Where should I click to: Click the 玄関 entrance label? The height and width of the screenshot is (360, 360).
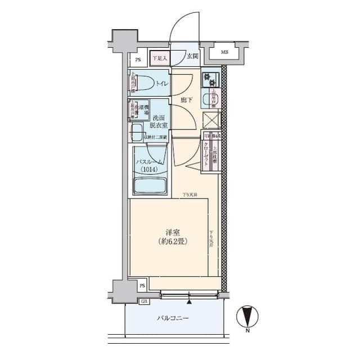pyautogui.click(x=193, y=56)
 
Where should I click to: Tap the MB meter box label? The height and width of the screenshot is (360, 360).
pyautogui.click(x=224, y=52)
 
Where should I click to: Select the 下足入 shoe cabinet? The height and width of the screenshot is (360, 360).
pyautogui.click(x=158, y=56)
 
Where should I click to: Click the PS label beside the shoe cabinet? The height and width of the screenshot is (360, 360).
pyautogui.click(x=138, y=58)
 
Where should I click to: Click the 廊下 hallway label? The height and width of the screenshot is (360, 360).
pyautogui.click(x=187, y=100)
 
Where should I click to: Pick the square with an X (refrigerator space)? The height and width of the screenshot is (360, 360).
pyautogui.click(x=211, y=120)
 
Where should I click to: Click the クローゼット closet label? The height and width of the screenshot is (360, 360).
pyautogui.click(x=206, y=151)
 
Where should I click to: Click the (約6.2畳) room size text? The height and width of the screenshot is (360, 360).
pyautogui.click(x=172, y=241)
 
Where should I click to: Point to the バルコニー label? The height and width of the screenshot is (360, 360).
pyautogui.click(x=172, y=318)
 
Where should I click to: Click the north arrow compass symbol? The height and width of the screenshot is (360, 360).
pyautogui.click(x=247, y=316)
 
